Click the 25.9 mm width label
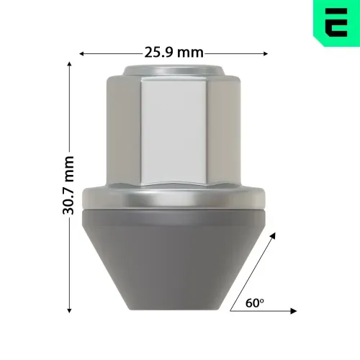[x=174, y=53]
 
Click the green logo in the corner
[x=336, y=24]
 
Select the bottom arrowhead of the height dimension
[x=69, y=310]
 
